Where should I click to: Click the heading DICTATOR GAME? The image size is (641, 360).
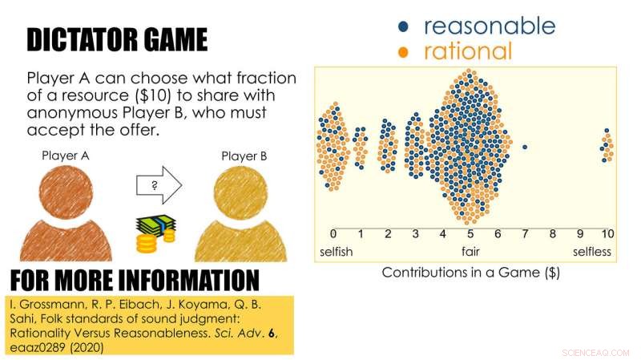(117, 39)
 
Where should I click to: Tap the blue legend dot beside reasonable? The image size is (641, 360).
(404, 26)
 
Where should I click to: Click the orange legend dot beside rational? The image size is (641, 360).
(404, 53)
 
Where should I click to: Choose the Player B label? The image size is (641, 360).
(244, 156)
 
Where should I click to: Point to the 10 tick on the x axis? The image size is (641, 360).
(607, 234)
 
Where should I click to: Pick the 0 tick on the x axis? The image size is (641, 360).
(333, 234)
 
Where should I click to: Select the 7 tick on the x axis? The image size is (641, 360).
(525, 234)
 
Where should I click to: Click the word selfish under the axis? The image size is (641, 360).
(337, 252)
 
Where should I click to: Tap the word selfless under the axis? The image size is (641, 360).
(591, 252)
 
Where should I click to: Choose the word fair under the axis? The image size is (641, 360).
(470, 252)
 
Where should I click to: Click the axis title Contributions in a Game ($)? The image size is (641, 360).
(470, 273)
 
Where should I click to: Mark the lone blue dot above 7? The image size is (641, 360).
(524, 147)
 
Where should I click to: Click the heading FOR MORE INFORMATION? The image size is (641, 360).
(135, 280)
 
